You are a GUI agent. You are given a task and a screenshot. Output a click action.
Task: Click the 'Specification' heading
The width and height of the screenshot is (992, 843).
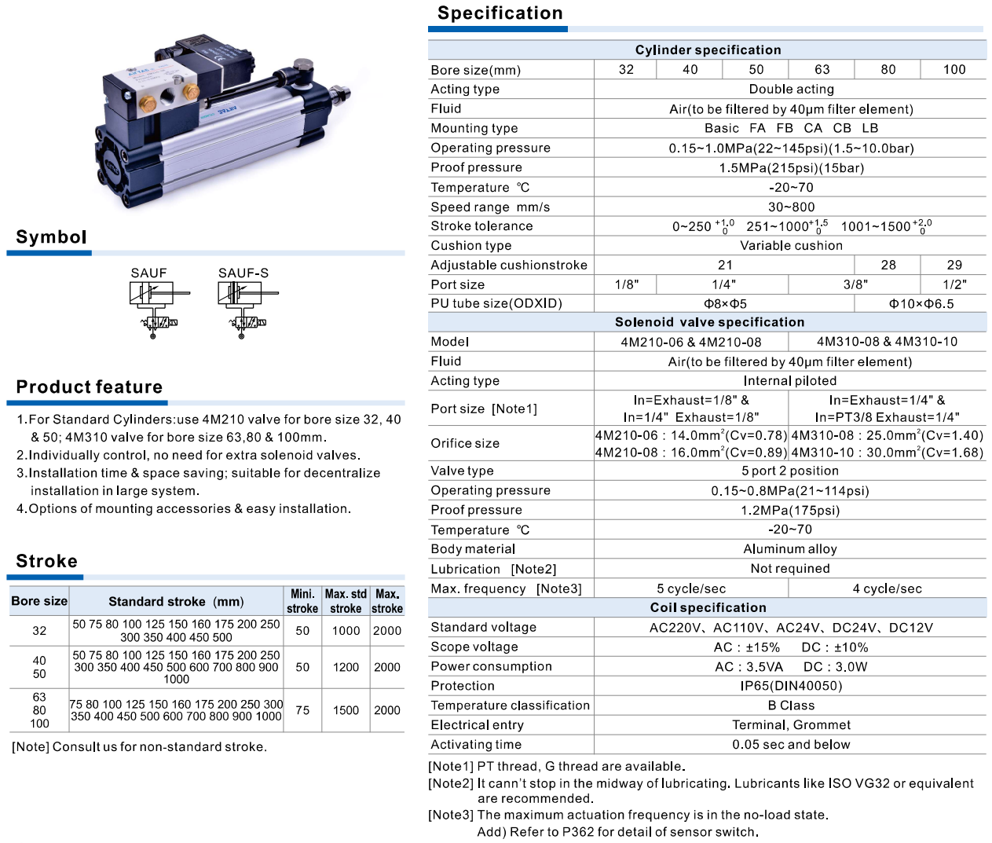tap(500, 13)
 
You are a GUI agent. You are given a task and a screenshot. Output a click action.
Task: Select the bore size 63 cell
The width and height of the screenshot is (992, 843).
tap(822, 70)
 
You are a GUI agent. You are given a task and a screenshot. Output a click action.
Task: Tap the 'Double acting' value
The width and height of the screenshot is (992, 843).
tap(791, 90)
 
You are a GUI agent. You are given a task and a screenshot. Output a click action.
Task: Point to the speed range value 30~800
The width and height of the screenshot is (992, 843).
tap(791, 207)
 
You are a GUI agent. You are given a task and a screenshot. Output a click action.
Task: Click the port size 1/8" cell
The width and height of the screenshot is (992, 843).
tap(626, 284)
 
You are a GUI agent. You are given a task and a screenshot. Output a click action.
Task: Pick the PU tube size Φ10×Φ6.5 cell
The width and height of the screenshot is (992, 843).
tap(921, 304)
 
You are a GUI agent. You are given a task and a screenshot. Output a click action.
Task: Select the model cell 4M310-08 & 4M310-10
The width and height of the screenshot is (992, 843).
tap(887, 342)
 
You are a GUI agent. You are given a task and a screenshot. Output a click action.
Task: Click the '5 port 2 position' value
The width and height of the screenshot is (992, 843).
tap(790, 471)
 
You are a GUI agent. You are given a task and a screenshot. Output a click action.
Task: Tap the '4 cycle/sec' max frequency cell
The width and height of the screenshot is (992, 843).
tap(887, 588)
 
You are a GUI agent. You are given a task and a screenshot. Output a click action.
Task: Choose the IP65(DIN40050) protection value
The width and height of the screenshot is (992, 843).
tap(791, 686)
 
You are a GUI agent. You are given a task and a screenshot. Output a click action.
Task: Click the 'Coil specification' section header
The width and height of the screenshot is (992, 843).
tap(708, 607)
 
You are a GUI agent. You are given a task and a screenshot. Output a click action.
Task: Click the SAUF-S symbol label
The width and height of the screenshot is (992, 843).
tap(243, 273)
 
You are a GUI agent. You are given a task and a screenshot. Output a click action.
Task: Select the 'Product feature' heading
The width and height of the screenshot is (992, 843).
tap(90, 387)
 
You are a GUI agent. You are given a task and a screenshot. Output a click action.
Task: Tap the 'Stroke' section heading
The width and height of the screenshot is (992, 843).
tap(47, 561)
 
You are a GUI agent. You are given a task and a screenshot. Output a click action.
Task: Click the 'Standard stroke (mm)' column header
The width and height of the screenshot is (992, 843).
tap(176, 602)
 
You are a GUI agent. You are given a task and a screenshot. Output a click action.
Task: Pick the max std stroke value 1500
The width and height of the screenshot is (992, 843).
tap(346, 710)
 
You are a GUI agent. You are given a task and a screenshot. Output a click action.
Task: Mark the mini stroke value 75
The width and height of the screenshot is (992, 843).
tap(302, 710)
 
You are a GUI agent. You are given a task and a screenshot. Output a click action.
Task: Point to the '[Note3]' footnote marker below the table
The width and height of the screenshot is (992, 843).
tap(451, 816)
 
